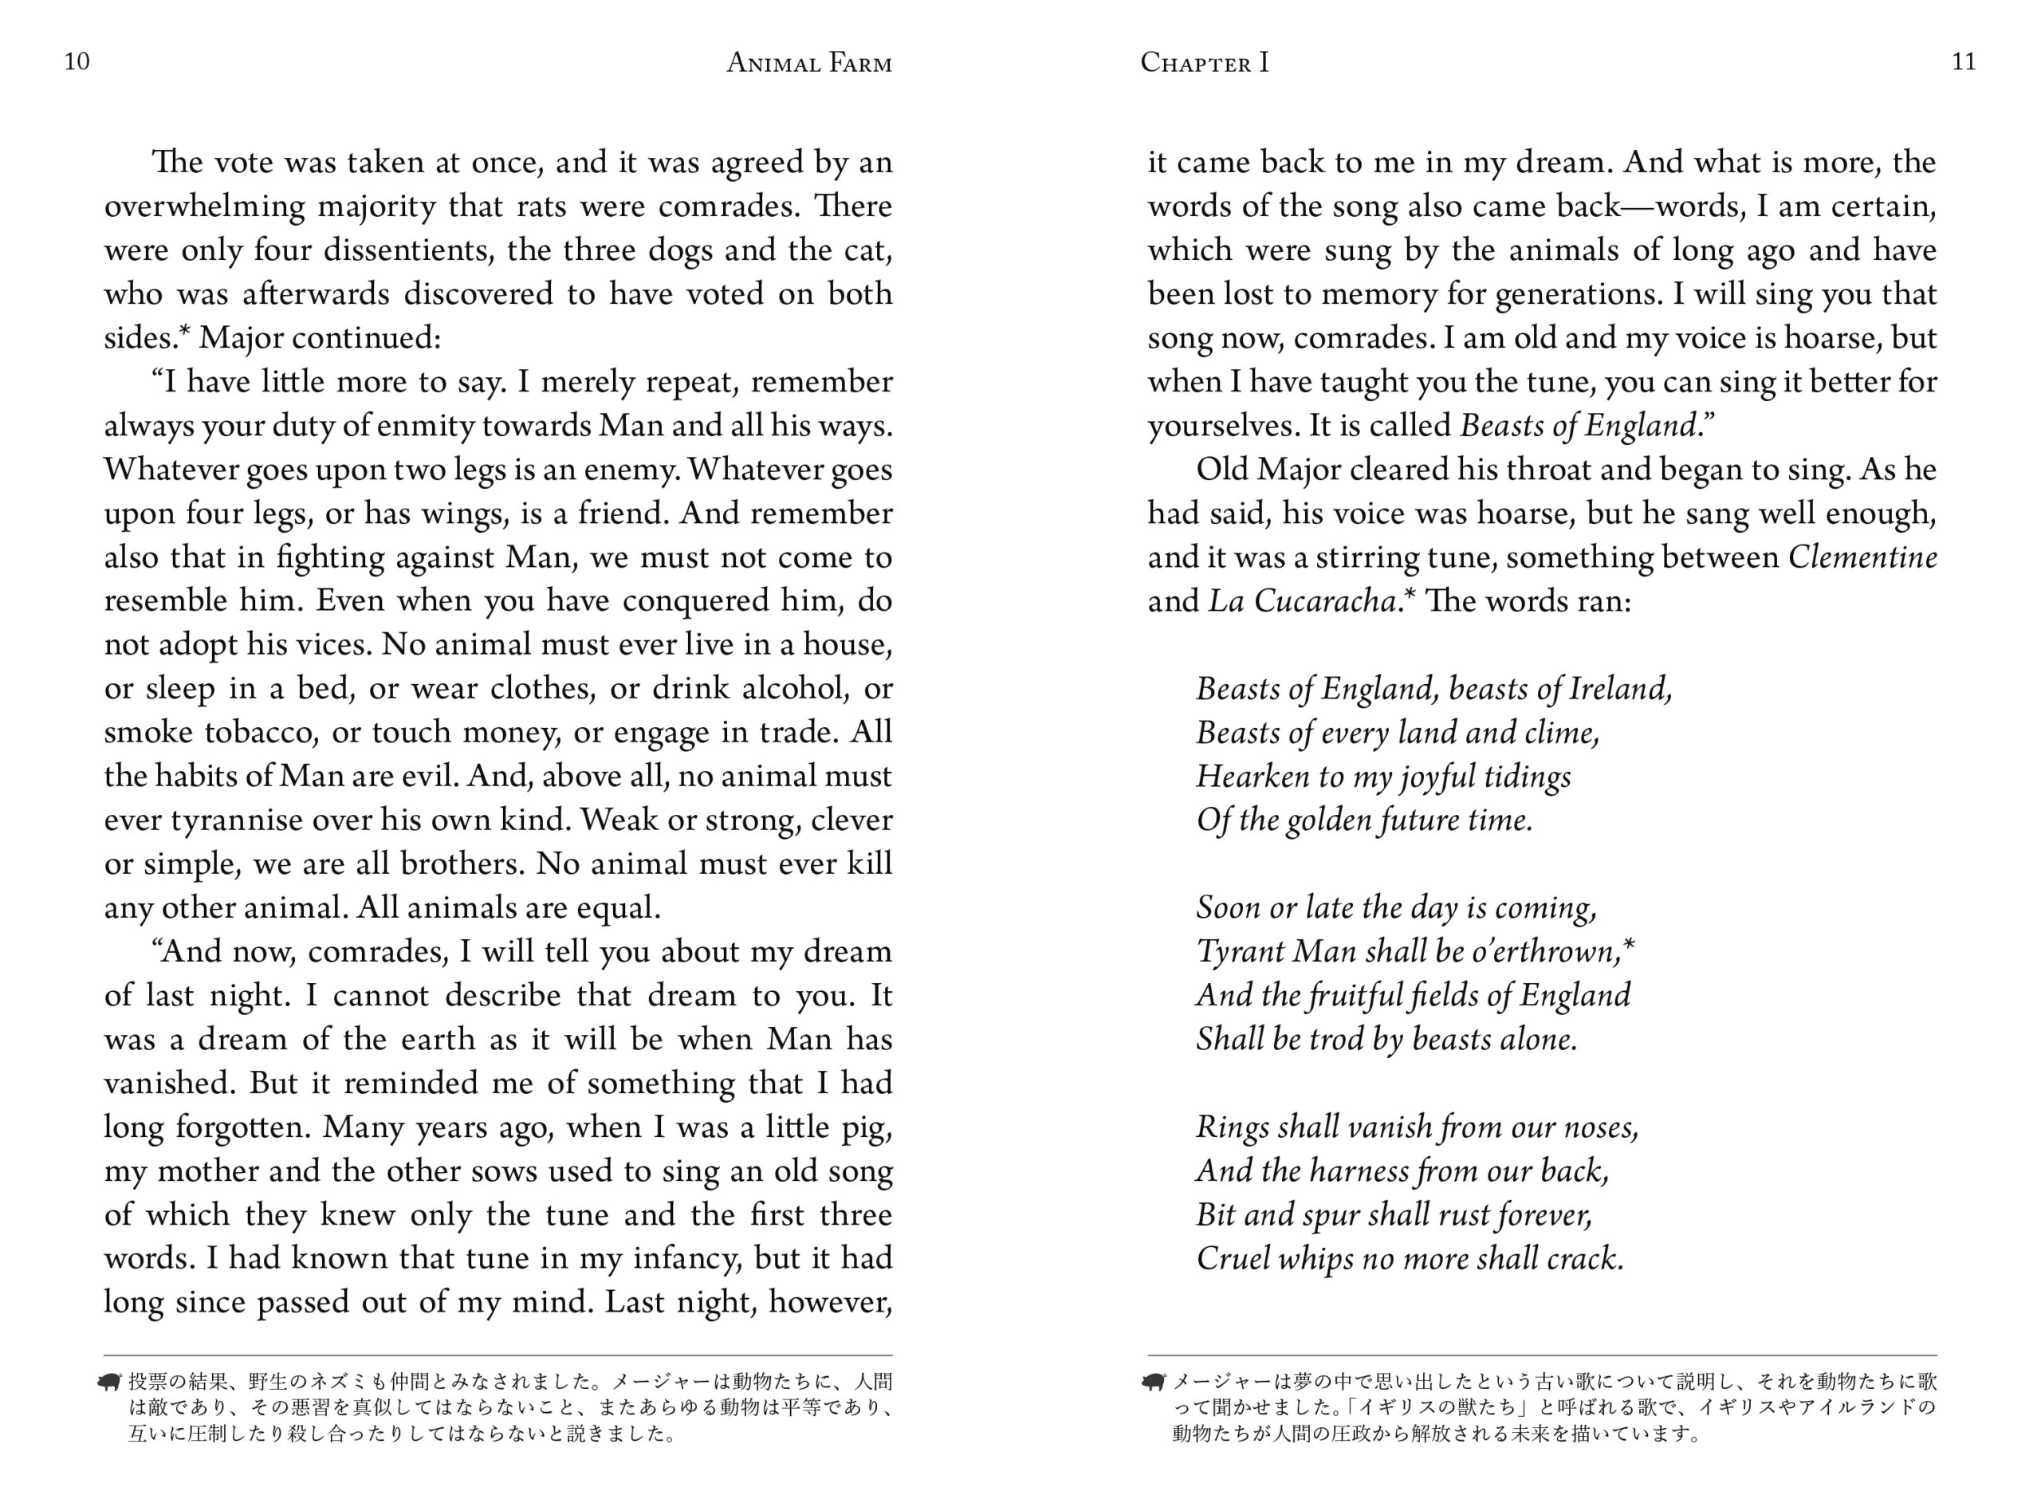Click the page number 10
77,61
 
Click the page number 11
1963,61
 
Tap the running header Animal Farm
809,63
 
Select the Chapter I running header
1204,63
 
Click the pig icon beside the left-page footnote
110,1382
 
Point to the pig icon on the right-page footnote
1153,1382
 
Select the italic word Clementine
1862,557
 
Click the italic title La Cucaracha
1303,600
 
